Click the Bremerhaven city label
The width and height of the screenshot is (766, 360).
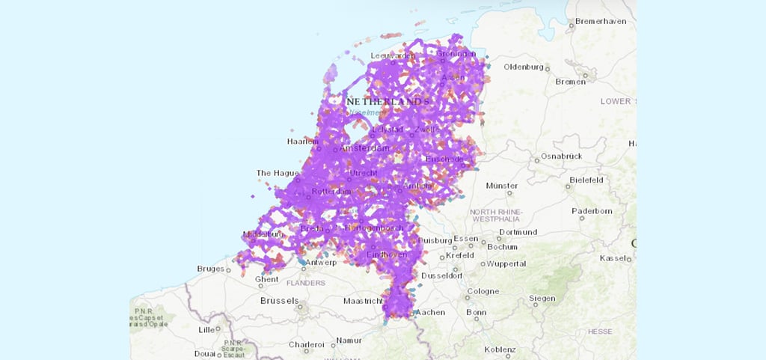(600, 21)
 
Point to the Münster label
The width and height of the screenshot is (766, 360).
(501, 185)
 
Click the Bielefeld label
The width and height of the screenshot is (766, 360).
(586, 180)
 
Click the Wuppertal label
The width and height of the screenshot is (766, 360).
(506, 263)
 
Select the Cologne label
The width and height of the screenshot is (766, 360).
(483, 291)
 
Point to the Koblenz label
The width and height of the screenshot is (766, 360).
(500, 350)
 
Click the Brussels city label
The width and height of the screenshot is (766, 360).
(280, 301)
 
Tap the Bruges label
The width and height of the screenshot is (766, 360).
(211, 268)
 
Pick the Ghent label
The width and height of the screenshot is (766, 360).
(266, 279)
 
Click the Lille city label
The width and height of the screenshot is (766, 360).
(206, 329)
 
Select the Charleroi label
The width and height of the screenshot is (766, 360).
(308, 345)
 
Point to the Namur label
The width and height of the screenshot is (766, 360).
(349, 340)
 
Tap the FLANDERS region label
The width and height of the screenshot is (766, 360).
(305, 283)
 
